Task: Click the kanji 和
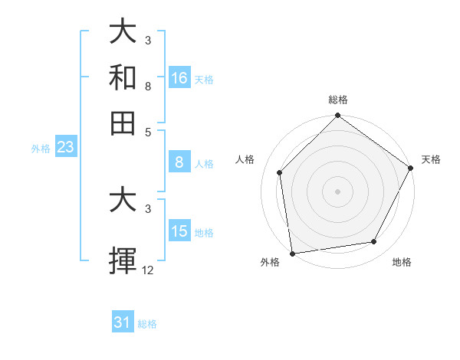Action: click(123, 78)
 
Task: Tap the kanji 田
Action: click(123, 123)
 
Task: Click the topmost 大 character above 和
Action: click(123, 33)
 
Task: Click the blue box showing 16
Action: click(179, 78)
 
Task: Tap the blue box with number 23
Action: click(64, 147)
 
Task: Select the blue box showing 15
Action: click(179, 231)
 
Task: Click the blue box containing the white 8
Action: click(179, 162)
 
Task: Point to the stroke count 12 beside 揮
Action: click(148, 270)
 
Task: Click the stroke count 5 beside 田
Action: click(148, 131)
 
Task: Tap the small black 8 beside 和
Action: click(148, 87)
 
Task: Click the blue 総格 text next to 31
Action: click(147, 324)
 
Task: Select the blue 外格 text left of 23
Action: click(40, 149)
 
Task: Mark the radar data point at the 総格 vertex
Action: click(337, 116)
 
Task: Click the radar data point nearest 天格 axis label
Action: click(411, 168)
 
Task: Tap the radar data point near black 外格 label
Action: click(292, 253)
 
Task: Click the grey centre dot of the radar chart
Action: click(337, 191)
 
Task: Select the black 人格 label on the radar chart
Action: click(245, 159)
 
